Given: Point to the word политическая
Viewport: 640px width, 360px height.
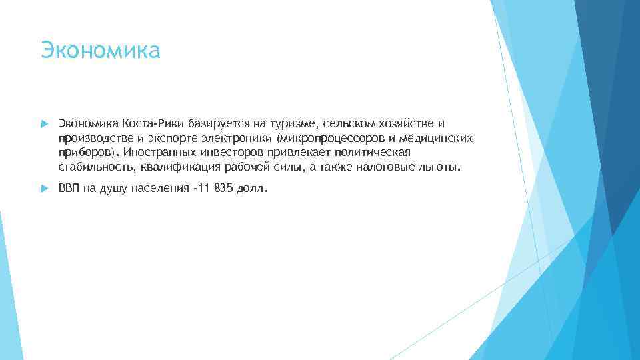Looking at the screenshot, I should click(373, 153).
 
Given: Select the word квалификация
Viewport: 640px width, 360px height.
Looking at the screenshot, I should click(179, 167).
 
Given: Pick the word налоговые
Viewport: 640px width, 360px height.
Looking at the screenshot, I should click(395, 167).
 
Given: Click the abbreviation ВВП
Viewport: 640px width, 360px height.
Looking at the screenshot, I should click(69, 189).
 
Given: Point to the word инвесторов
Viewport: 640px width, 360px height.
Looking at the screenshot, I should click(233, 153).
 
